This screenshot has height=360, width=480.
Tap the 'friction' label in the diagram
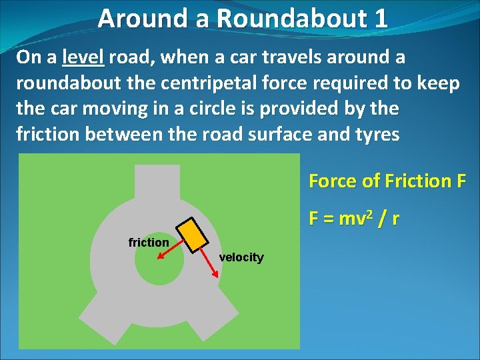(x=148, y=243)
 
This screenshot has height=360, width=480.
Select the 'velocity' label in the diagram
(x=241, y=257)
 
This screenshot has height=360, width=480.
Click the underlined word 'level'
(x=83, y=57)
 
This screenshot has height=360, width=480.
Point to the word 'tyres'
(x=378, y=134)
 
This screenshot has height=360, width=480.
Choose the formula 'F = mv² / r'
(x=353, y=218)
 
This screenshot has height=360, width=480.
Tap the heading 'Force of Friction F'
(x=387, y=181)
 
